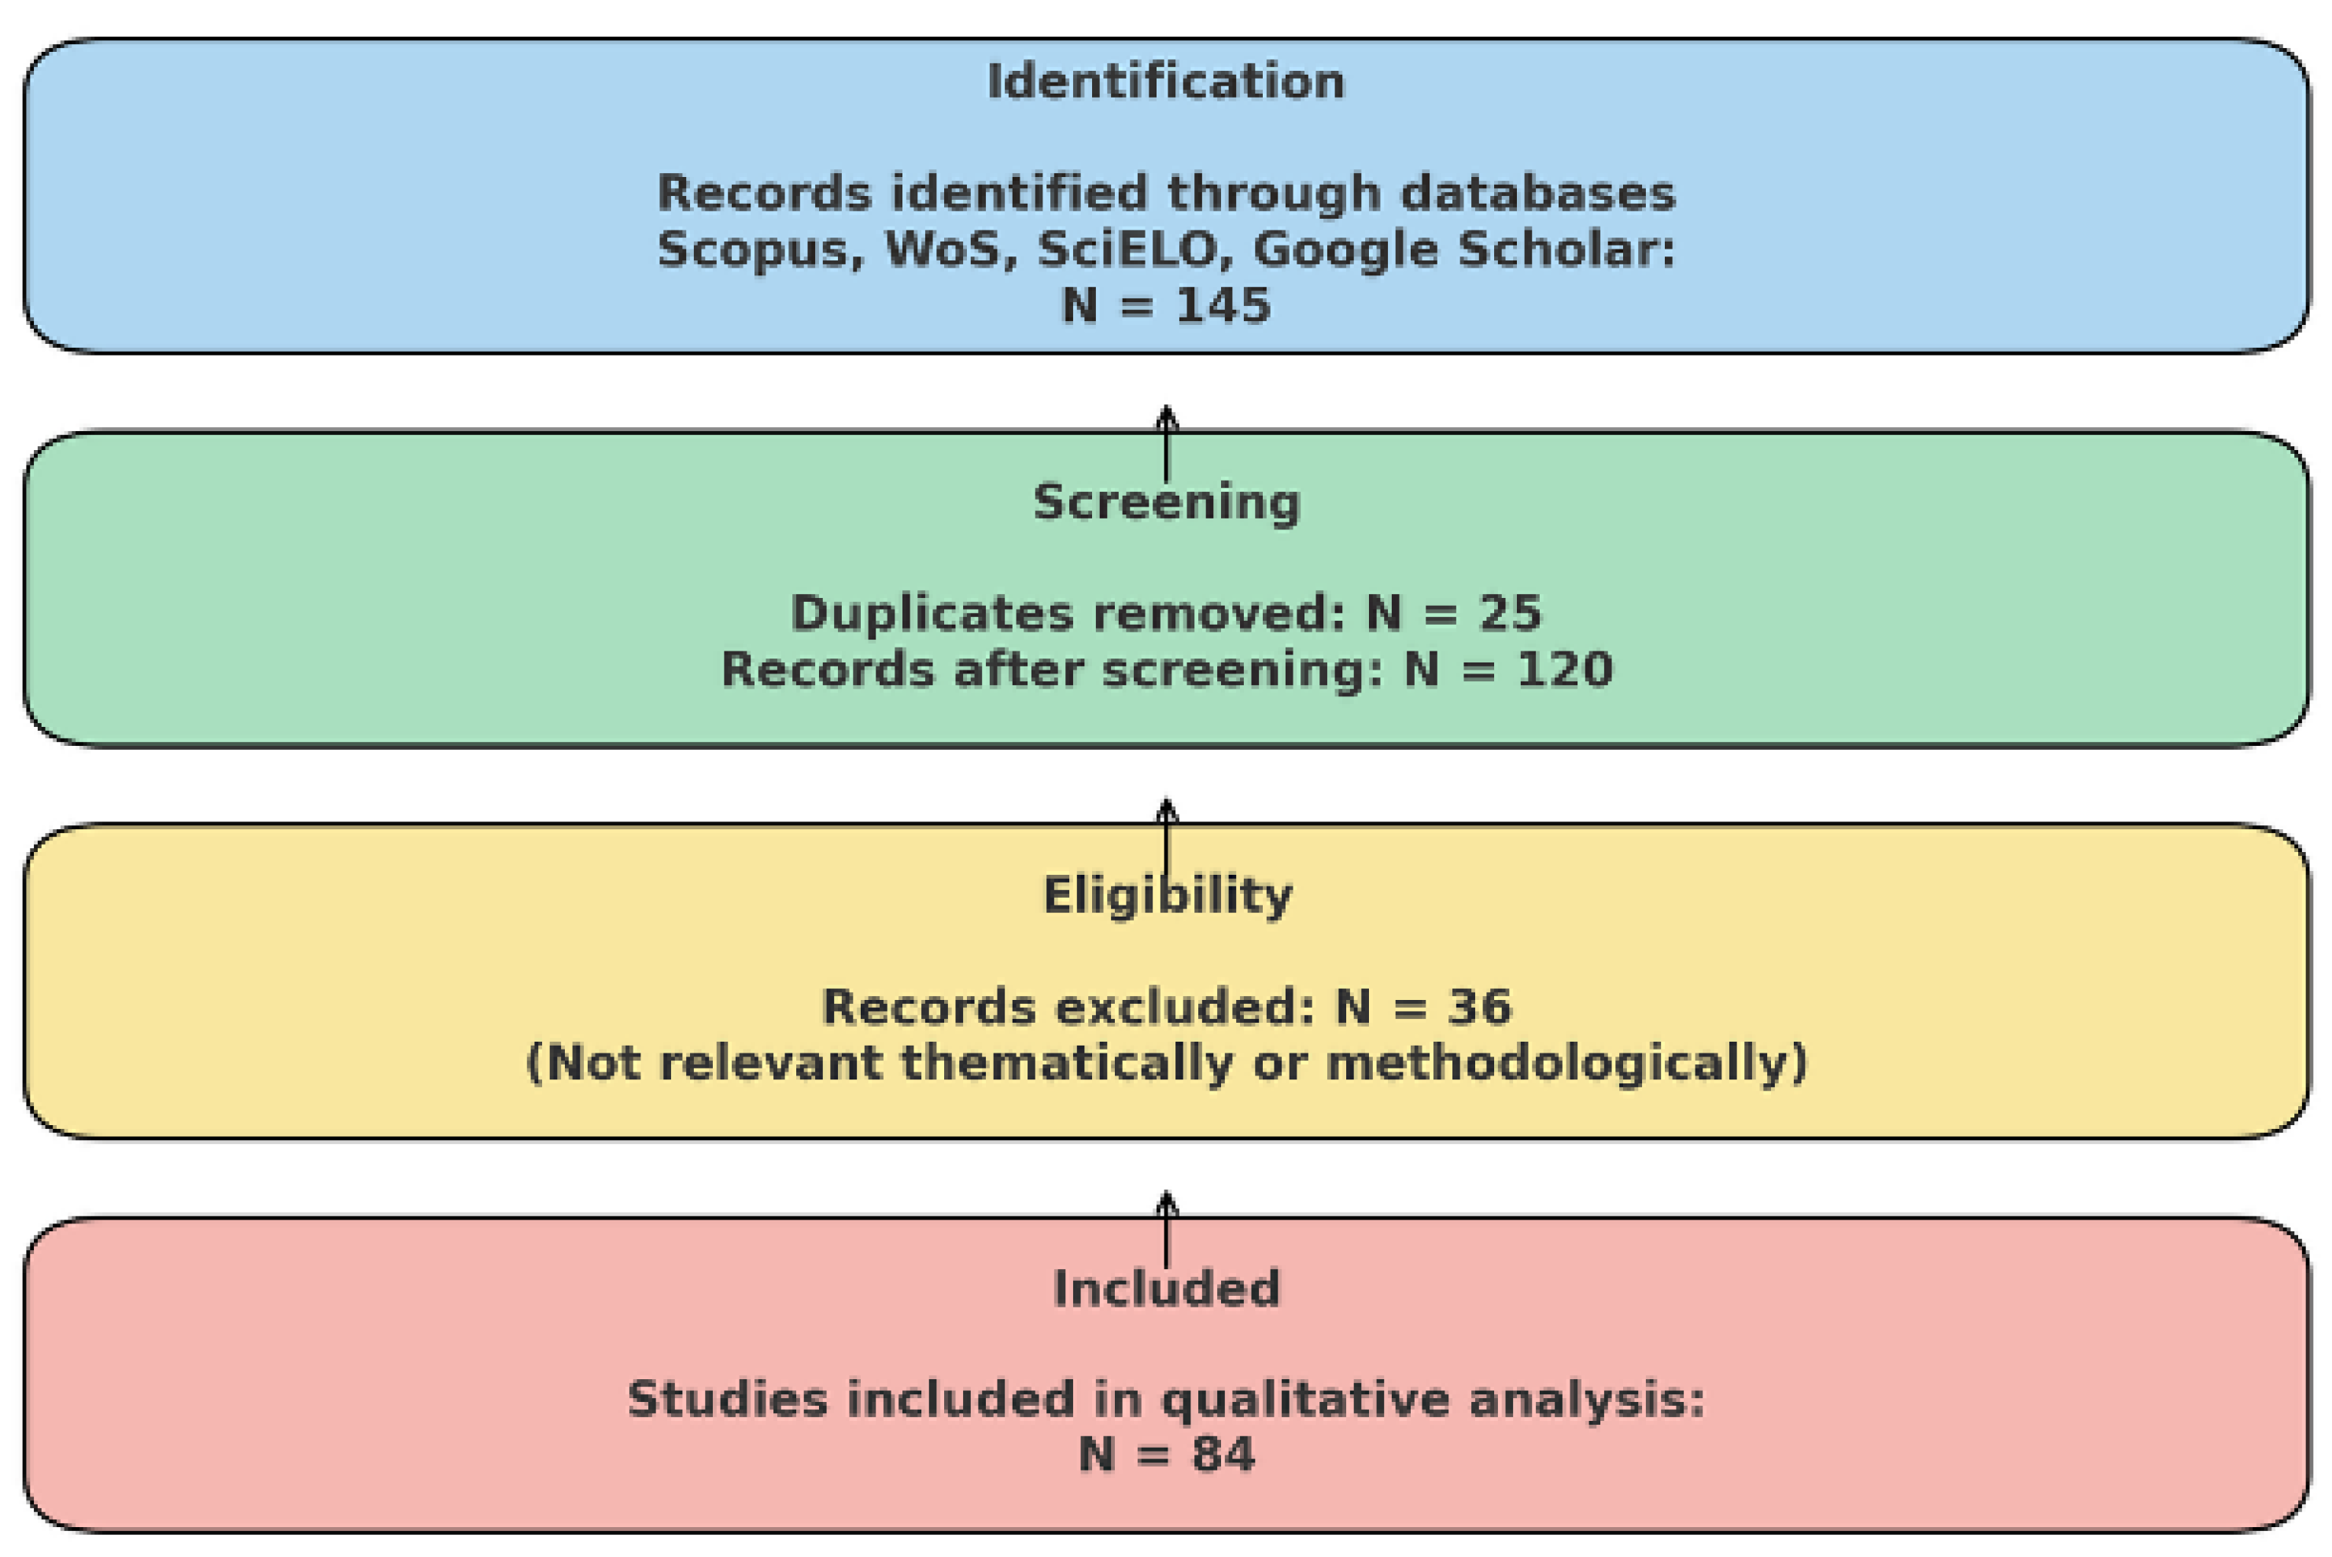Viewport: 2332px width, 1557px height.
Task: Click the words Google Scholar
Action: click(x=1463, y=249)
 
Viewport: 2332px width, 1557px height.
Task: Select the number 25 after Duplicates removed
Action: click(x=1510, y=613)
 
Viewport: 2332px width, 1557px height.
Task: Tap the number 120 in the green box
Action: click(x=1563, y=670)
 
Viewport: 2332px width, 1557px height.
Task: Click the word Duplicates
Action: click(x=932, y=613)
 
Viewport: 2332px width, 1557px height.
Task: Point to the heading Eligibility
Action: click(x=1168, y=895)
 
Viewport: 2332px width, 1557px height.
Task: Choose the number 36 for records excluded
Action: click(x=1479, y=1007)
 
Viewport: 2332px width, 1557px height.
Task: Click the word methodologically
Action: click(x=1566, y=1064)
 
